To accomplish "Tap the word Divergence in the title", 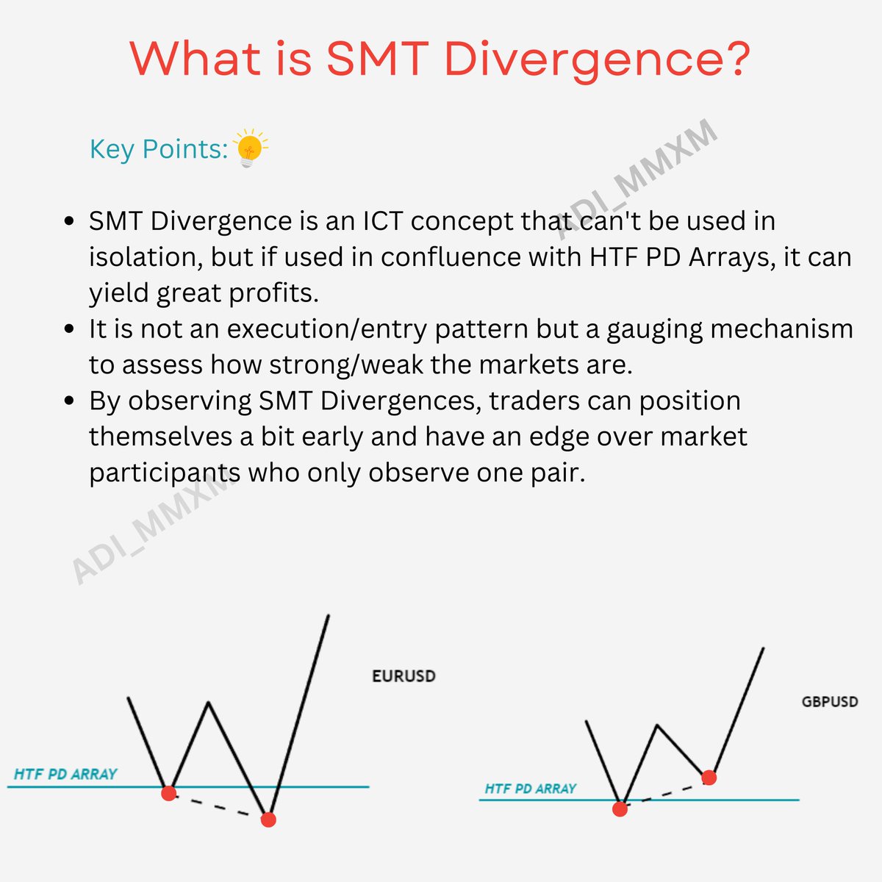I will [x=597, y=59].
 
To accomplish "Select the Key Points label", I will [x=158, y=149].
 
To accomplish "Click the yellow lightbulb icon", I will [x=250, y=147].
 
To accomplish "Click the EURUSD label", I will [x=404, y=675].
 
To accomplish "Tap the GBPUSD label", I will [x=829, y=701].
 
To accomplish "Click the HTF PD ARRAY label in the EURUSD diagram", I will [x=65, y=774].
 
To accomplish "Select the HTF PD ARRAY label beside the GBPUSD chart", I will [x=530, y=789].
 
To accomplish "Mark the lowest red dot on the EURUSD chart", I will [x=268, y=819].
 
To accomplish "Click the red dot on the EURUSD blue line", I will [x=169, y=792].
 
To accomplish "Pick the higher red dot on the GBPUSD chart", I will [x=709, y=777].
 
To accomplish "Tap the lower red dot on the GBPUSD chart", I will [x=620, y=808].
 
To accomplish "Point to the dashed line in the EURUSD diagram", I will [x=218, y=806].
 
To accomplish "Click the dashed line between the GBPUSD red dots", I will [x=664, y=793].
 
